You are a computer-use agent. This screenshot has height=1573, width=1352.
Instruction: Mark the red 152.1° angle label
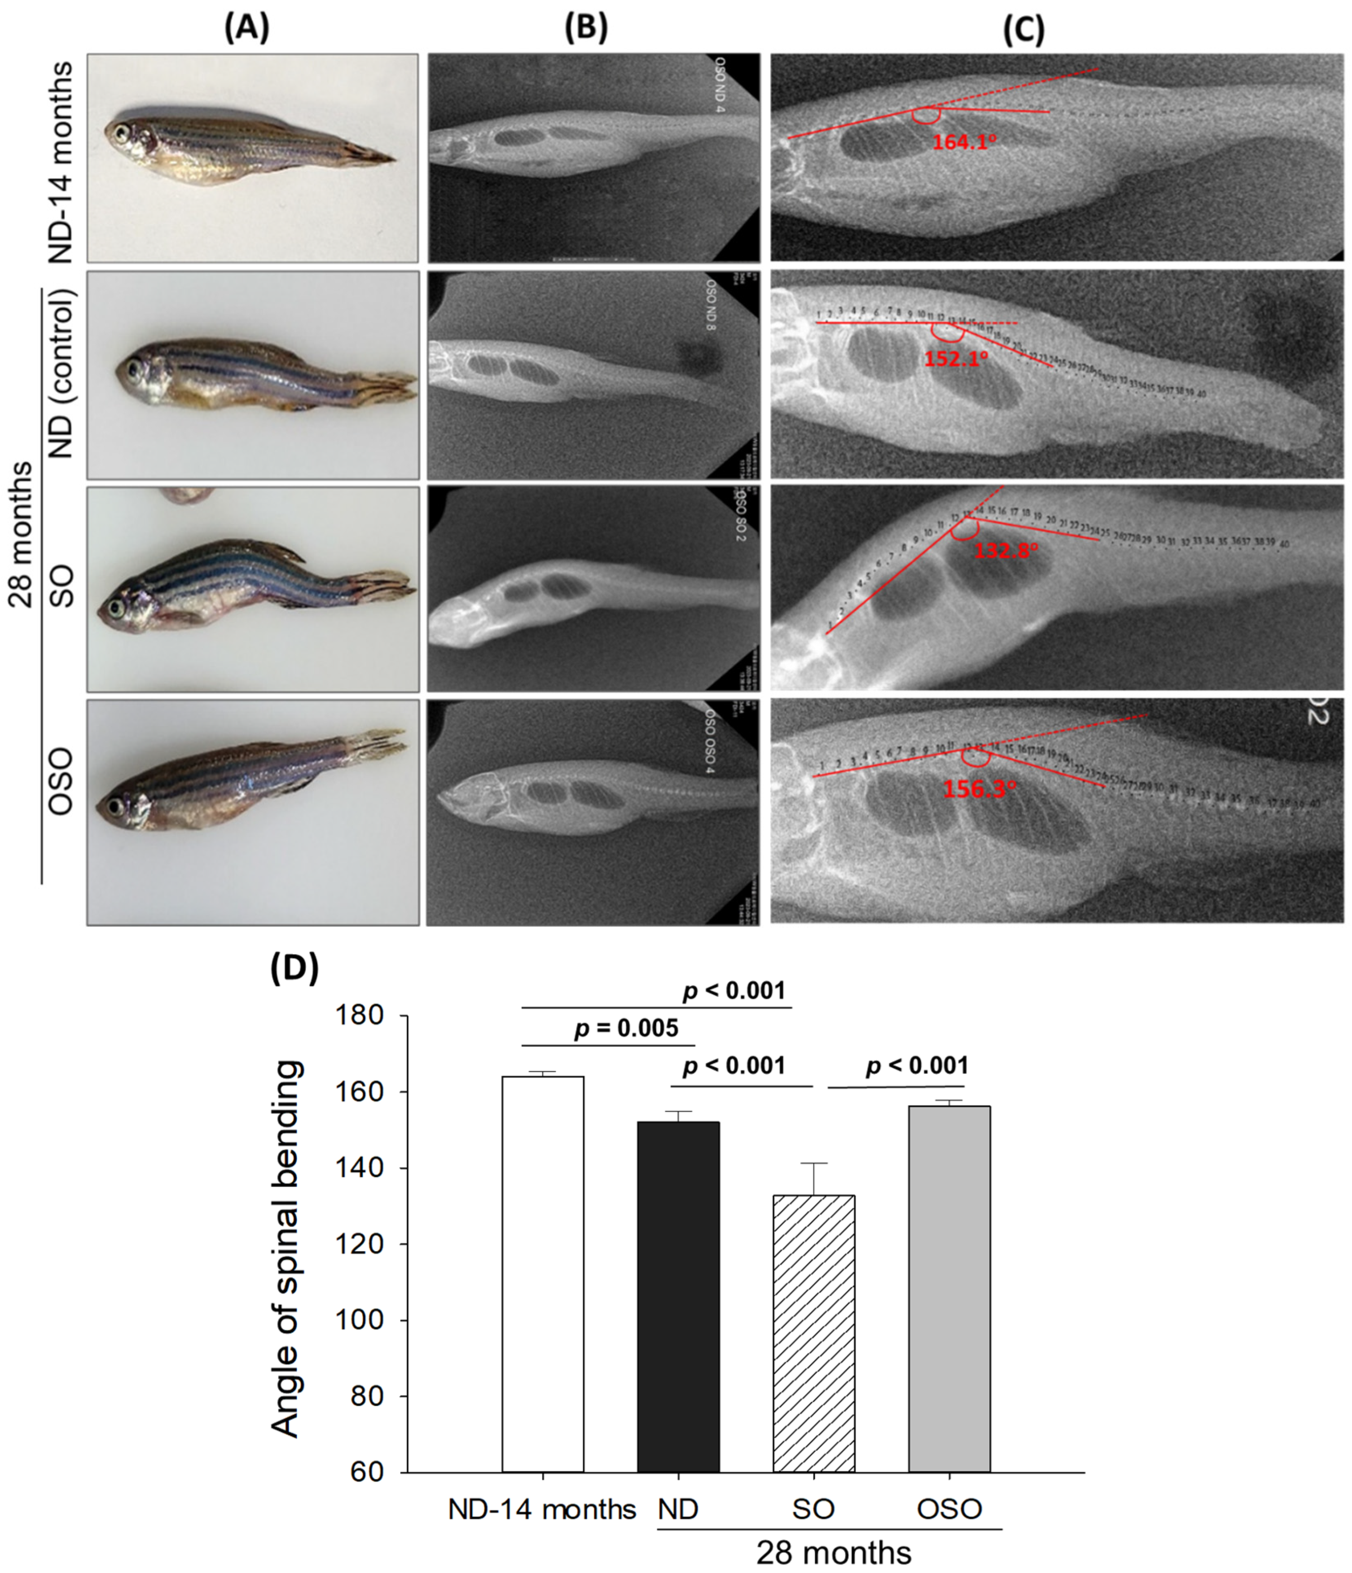click(x=956, y=358)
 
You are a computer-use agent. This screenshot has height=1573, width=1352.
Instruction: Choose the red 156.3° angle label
click(x=979, y=789)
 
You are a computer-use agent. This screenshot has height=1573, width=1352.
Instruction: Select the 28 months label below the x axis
click(x=833, y=1553)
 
